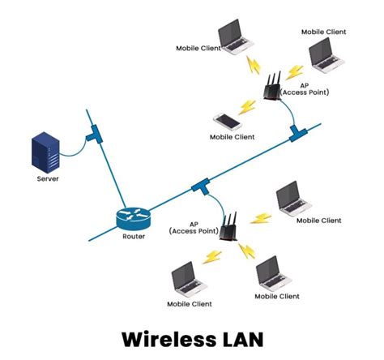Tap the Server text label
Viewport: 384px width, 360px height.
(x=48, y=178)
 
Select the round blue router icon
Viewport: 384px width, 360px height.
(x=133, y=216)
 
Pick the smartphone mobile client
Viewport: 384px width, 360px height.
(x=228, y=122)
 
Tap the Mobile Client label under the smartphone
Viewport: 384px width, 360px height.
(x=233, y=138)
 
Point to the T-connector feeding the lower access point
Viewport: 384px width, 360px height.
(x=198, y=189)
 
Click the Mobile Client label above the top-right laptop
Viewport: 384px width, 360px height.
(x=323, y=32)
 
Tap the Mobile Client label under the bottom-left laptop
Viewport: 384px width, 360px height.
(x=190, y=304)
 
